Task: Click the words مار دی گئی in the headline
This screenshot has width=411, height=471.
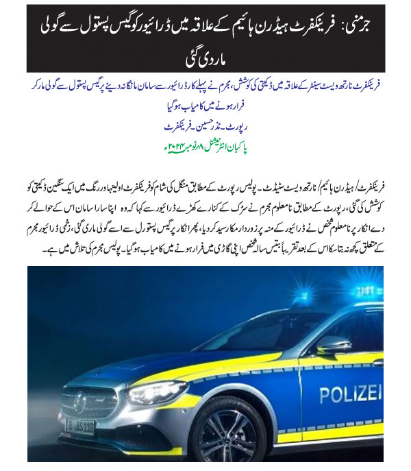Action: [206, 58]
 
